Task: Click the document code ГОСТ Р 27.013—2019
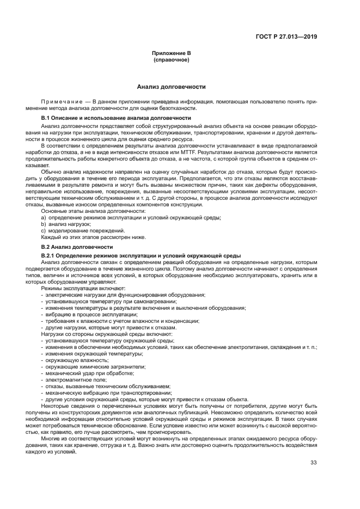(286, 36)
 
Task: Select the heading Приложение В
(171, 53)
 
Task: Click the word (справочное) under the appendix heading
(171, 59)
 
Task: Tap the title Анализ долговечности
(171, 87)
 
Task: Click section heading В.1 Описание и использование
(116, 118)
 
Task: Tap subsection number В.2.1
(50, 255)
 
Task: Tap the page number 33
(313, 463)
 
